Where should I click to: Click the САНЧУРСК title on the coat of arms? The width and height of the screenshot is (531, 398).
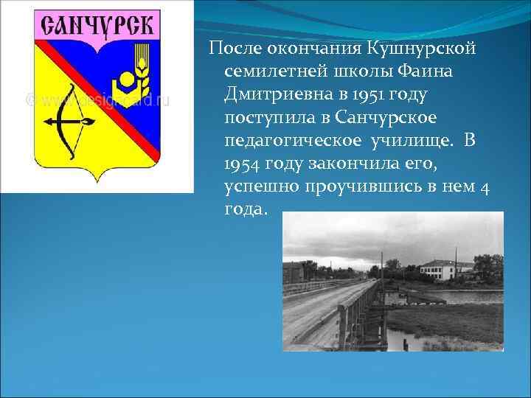point(97,28)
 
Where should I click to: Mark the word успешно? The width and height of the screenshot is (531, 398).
point(257,188)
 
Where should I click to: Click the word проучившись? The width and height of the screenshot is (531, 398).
point(358,188)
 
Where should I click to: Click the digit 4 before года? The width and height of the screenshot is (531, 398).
point(484,188)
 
